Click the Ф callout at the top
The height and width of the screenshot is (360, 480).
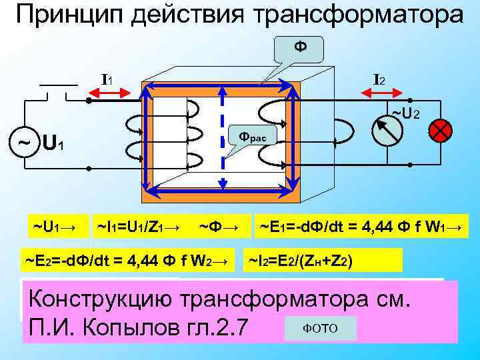pyautogui.click(x=299, y=47)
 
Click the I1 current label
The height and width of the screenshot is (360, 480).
pyautogui.click(x=107, y=80)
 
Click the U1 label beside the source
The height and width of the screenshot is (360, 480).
pyautogui.click(x=53, y=142)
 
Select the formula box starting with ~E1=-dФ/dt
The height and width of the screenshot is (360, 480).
pyautogui.click(x=361, y=227)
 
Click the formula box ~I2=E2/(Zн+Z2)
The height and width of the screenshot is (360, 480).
pyautogui.click(x=325, y=261)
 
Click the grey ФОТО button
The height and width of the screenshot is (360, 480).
pyautogui.click(x=320, y=329)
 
